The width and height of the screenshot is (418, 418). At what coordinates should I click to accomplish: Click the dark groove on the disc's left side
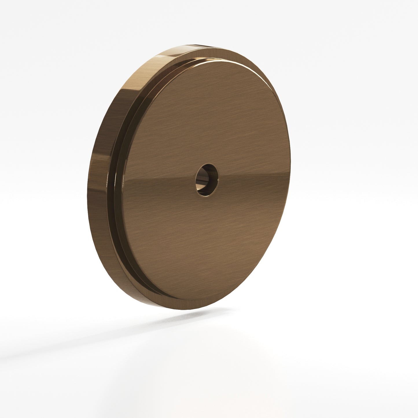[x=113, y=185]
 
